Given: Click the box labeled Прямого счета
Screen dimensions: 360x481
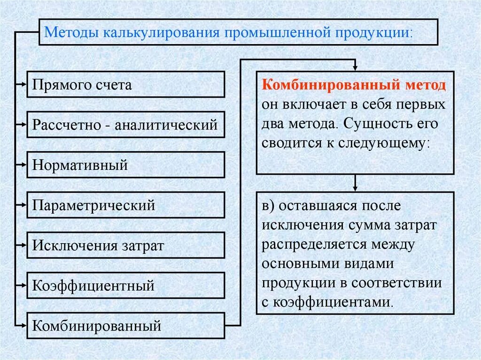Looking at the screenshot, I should point(126,84).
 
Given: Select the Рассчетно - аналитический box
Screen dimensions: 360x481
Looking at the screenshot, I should point(126,125).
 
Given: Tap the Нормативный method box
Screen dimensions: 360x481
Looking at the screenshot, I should point(126,165).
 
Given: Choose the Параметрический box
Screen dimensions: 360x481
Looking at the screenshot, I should point(126,205).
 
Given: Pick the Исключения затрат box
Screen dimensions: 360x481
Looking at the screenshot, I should point(126,245).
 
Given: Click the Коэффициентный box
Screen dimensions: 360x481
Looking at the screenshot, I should point(126,285).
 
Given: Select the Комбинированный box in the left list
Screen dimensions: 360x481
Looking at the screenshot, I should point(126,325).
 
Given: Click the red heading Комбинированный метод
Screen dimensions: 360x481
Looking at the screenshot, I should point(354,86).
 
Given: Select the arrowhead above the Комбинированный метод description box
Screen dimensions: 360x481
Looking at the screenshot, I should point(356,67).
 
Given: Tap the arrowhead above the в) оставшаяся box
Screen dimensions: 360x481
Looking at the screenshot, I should point(356,188).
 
